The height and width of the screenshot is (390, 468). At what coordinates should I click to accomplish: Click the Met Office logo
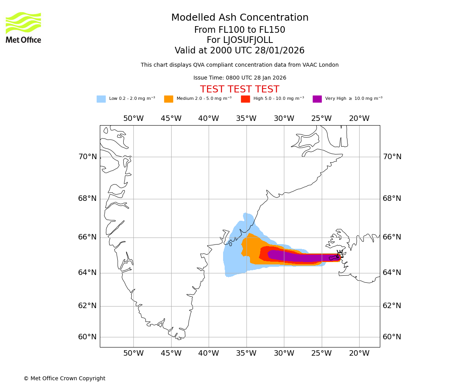click(x=23, y=27)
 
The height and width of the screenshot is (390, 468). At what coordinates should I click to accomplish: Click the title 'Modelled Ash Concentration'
click(x=240, y=18)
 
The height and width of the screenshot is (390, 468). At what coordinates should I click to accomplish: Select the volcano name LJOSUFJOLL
click(x=248, y=40)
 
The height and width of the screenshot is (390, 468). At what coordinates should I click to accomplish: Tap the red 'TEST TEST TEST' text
click(x=239, y=89)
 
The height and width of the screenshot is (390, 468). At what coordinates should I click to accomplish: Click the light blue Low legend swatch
click(x=101, y=99)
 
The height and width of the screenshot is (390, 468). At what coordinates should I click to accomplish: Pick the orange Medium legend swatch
click(x=168, y=99)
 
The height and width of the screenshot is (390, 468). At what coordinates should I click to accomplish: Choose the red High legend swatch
click(x=245, y=99)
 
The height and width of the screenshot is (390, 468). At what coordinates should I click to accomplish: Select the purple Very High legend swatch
click(x=317, y=99)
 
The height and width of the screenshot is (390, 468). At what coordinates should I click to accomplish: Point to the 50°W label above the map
click(x=133, y=119)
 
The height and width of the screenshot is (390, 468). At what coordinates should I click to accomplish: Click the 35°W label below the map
click(x=246, y=353)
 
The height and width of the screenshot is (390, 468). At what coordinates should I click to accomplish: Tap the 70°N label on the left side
click(x=87, y=157)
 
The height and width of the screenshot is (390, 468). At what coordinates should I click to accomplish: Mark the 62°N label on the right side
click(x=392, y=306)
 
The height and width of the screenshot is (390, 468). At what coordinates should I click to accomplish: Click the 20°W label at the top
click(x=359, y=119)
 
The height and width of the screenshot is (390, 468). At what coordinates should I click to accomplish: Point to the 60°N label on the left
click(x=87, y=337)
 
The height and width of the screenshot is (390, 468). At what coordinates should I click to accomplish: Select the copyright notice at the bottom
click(x=64, y=378)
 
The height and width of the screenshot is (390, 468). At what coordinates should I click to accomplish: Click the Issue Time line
click(x=239, y=78)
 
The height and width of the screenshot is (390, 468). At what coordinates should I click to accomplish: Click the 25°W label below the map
click(x=321, y=353)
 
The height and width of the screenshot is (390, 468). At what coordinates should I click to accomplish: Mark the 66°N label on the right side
click(x=392, y=237)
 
